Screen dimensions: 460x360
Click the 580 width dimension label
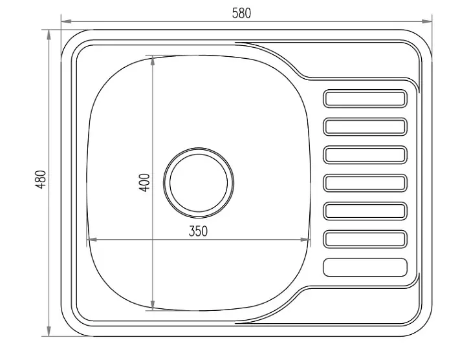(241, 13)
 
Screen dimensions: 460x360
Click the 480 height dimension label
(41, 180)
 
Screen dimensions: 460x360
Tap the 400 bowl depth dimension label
(144, 183)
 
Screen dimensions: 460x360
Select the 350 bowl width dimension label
(198, 231)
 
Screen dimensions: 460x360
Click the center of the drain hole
(199, 183)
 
